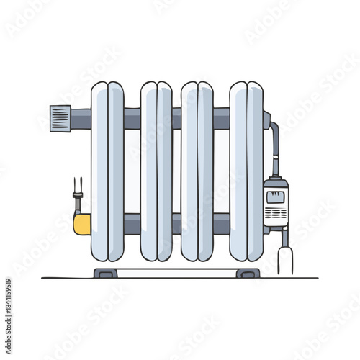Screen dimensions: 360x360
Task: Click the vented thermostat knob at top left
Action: click(60, 118)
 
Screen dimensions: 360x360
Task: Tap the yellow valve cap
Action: click(82, 224)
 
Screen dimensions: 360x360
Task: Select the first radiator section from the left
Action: click(107, 171)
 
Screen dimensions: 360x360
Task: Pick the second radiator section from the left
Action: click(156, 171)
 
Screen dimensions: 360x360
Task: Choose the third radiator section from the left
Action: click(197, 171)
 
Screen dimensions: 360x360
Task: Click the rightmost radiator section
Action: click(246, 171)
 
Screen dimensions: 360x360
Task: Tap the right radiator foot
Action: click(248, 273)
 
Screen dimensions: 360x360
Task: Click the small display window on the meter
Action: click(276, 195)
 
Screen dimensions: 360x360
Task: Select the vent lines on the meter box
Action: click(276, 214)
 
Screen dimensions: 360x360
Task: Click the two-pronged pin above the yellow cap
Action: click(78, 192)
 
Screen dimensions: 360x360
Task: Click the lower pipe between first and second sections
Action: click(132, 224)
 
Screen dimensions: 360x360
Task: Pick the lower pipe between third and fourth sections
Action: click(221, 224)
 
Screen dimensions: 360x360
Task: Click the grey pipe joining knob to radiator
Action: click(81, 116)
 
